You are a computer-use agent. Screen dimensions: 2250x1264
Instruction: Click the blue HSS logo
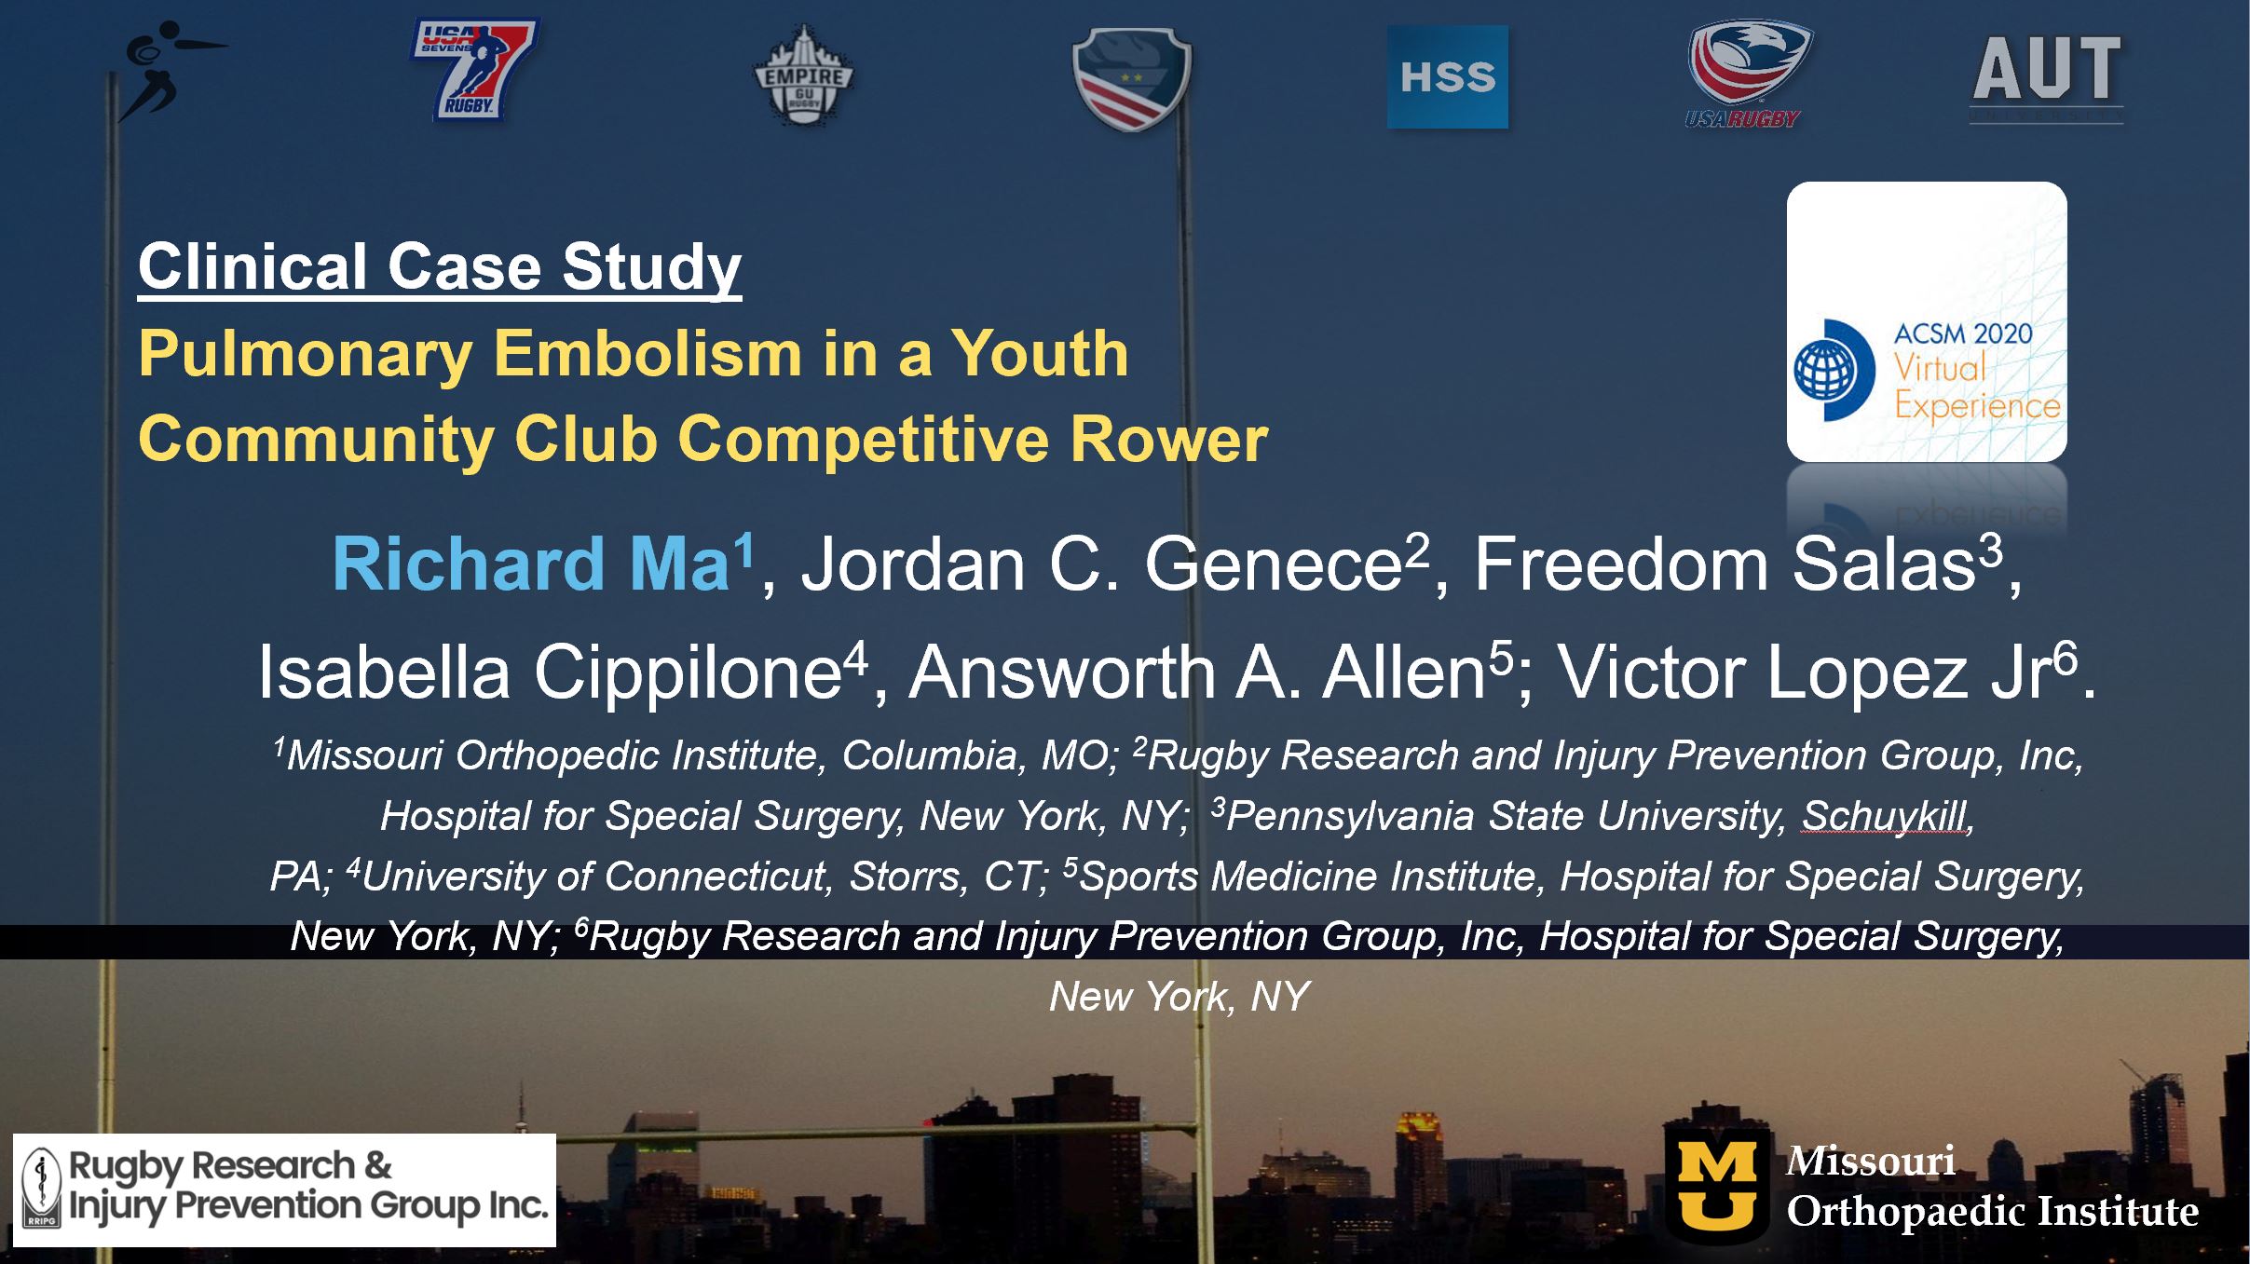(1447, 76)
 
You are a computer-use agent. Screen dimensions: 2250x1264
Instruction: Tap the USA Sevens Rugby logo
(474, 71)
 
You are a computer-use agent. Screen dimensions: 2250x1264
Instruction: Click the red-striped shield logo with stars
(1132, 78)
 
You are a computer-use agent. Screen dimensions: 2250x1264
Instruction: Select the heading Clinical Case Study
(440, 267)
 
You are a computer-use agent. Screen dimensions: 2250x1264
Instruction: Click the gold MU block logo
(1717, 1186)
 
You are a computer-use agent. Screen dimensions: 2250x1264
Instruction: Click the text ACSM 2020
(1963, 333)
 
